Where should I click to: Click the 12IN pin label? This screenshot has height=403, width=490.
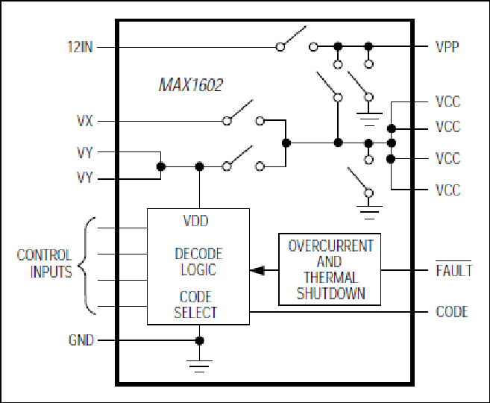tap(80, 47)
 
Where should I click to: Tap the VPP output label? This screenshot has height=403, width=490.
tap(447, 47)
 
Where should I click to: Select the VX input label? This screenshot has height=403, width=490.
tap(85, 121)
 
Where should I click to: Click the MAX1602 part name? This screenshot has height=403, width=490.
tap(191, 85)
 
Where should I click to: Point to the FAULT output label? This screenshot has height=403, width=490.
tap(453, 270)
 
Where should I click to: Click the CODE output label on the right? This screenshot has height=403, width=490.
tap(452, 312)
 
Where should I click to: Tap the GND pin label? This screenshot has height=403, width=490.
tap(81, 340)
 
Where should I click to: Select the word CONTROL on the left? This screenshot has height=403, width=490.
tap(44, 255)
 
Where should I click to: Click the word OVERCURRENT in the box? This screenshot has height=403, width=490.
tap(330, 246)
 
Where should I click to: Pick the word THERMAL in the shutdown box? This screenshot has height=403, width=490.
tap(330, 278)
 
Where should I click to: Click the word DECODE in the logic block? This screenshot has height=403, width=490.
tap(198, 254)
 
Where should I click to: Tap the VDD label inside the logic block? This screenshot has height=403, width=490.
tap(195, 221)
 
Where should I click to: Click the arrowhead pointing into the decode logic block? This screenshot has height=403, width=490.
tap(257, 270)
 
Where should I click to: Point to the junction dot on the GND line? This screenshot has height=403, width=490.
tap(199, 340)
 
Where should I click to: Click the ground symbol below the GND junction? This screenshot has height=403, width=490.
tap(199, 366)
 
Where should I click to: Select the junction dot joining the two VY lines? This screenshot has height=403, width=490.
tap(160, 166)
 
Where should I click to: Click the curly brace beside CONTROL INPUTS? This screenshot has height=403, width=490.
tap(85, 266)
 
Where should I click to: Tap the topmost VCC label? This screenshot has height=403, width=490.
tap(447, 102)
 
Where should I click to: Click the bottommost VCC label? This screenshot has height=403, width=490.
tap(447, 190)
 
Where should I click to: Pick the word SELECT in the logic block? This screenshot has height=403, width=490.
tap(195, 313)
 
